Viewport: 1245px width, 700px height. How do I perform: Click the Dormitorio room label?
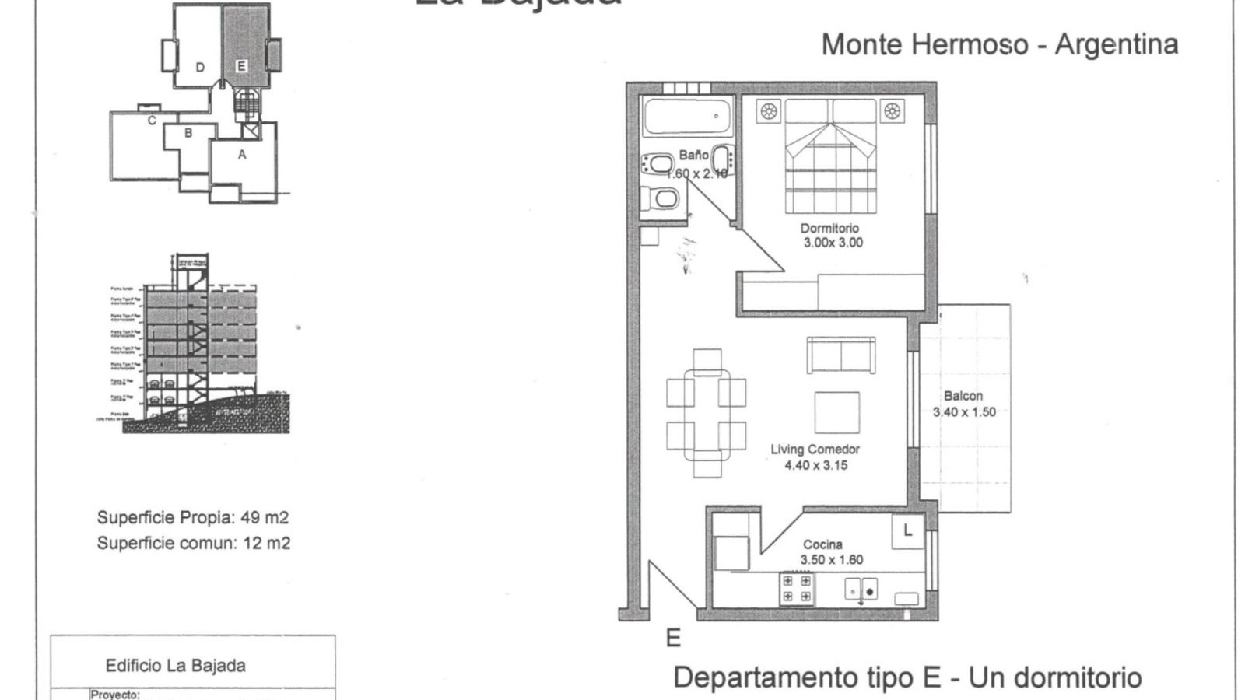point(829,228)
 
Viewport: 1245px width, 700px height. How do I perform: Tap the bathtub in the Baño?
point(687,117)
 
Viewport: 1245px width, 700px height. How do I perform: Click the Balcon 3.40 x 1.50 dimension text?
point(964,412)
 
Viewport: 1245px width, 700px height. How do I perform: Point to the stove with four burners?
point(796,589)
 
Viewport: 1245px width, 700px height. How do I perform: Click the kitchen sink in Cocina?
point(861,590)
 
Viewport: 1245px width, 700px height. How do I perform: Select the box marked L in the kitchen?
point(907,531)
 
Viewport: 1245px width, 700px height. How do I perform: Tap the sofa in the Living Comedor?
point(841,355)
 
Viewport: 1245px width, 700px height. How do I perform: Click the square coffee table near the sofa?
point(836,412)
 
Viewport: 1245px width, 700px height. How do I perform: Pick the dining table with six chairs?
point(706,413)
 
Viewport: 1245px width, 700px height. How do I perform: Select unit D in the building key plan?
point(200,68)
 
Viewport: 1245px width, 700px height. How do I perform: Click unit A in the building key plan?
point(242,155)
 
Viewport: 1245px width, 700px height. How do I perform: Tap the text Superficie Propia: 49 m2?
point(192,517)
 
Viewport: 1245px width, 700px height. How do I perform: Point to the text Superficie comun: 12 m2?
point(193,543)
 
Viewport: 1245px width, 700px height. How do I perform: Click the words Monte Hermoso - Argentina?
point(999,44)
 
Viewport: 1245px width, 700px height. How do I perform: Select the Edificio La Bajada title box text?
point(175,666)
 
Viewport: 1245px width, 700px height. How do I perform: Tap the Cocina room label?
point(822,544)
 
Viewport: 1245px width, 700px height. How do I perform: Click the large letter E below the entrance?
point(673,639)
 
